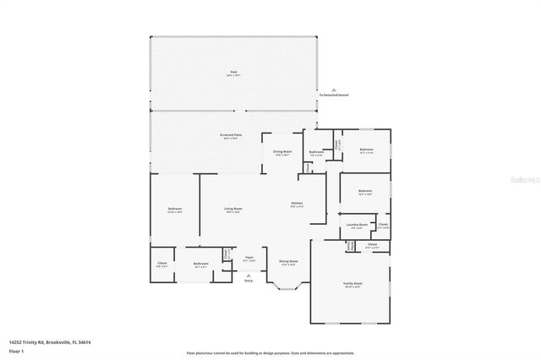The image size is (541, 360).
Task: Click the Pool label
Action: [x=232, y=73]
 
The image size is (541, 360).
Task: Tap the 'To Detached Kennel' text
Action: [x=334, y=95]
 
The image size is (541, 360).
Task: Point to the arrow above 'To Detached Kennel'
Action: [x=334, y=89]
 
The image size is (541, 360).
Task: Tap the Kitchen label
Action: [x=297, y=204]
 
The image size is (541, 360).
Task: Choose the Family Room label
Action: [x=352, y=283]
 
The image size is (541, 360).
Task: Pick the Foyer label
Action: [x=249, y=258]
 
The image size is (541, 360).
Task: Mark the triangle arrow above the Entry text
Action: [x=249, y=273]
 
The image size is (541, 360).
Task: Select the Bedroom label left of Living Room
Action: [x=175, y=209]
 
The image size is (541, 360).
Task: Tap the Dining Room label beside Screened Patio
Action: [x=281, y=153]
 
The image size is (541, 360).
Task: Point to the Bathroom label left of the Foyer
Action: [x=200, y=264]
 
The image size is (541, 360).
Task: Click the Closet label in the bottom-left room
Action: [x=162, y=264]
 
